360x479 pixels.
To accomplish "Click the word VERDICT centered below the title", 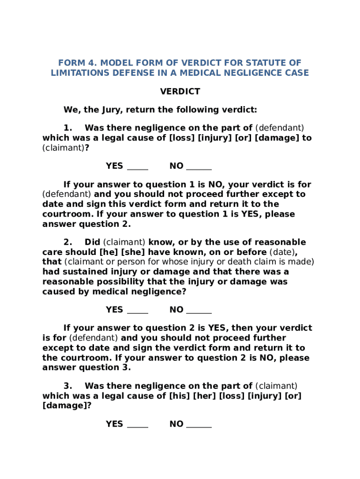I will [180, 92].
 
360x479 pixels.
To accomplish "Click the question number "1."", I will [68, 128].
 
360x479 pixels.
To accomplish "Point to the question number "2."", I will [68, 242].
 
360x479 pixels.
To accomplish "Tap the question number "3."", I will [68, 386].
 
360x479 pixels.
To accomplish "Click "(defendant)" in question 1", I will [280, 128].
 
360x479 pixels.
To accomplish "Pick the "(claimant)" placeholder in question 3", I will [276, 386].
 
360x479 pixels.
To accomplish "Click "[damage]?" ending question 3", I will [67, 406].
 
